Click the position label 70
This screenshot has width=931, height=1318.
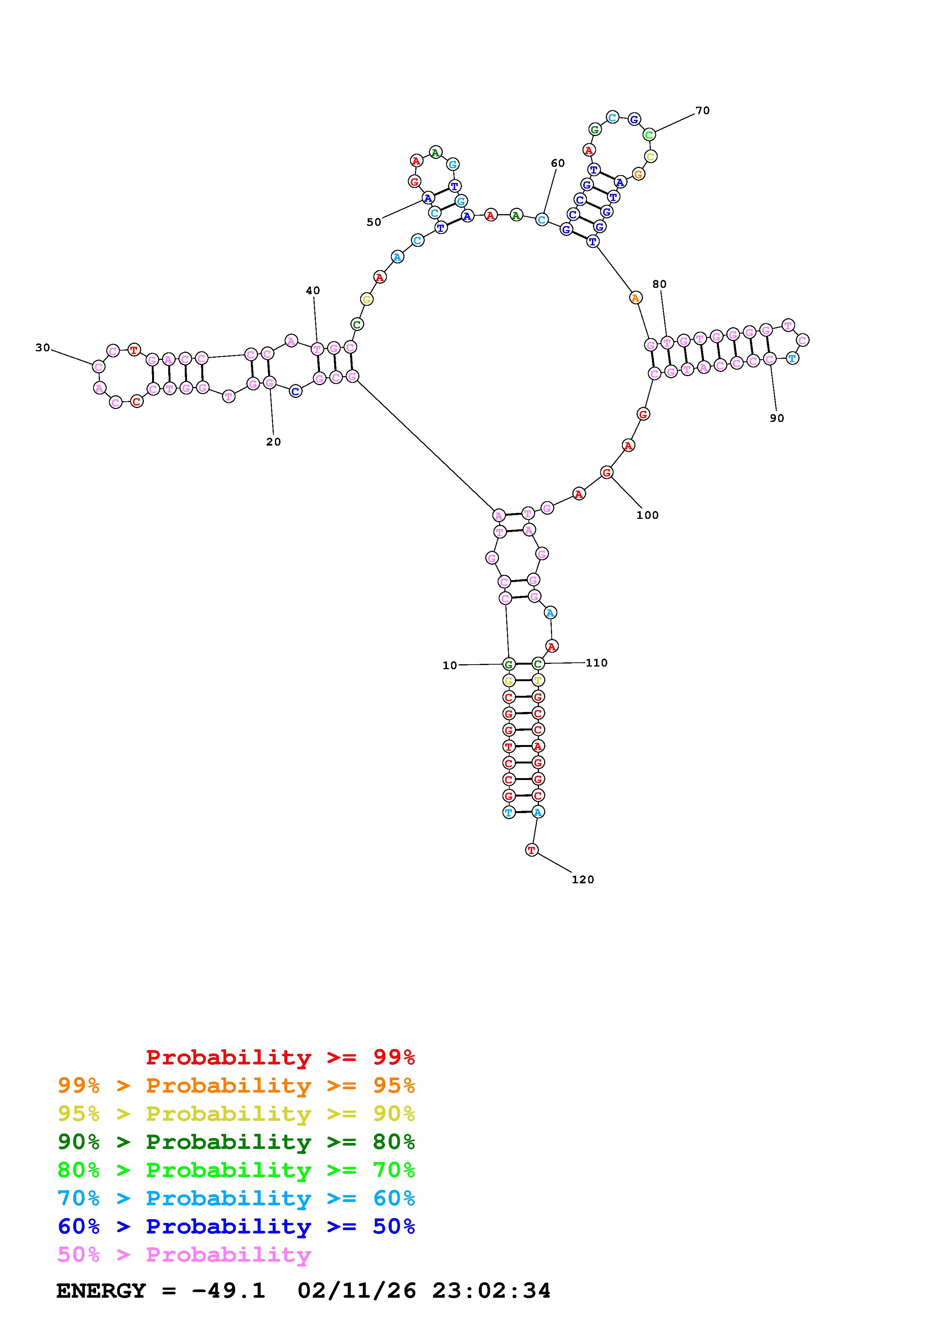tap(702, 111)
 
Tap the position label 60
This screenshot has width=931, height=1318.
tap(558, 163)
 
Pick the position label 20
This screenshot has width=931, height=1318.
tap(274, 442)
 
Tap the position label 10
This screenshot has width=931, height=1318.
tap(450, 665)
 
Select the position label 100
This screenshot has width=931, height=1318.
tap(647, 515)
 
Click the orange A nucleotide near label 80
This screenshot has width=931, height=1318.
tap(635, 298)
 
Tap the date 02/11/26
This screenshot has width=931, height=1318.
tap(356, 1291)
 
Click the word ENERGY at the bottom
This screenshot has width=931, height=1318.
tap(101, 1291)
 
